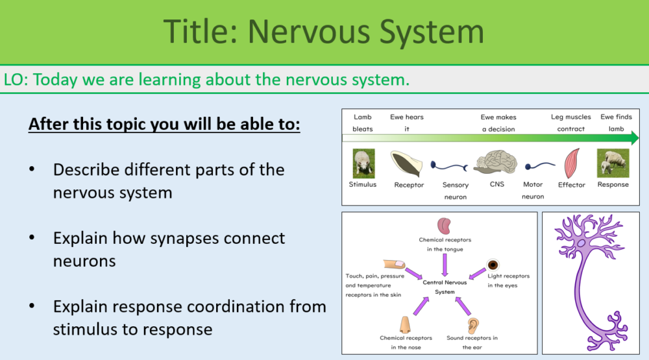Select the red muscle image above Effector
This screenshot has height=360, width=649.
click(572, 163)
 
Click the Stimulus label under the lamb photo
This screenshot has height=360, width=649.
click(362, 185)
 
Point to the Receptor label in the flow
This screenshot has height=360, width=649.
click(409, 185)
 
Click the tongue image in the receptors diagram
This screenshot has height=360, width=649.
click(445, 226)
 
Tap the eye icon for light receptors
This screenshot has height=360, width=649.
click(493, 264)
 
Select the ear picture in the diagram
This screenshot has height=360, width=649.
click(472, 324)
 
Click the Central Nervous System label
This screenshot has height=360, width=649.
click(445, 287)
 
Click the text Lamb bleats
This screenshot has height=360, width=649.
click(363, 123)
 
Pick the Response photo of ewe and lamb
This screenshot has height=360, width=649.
click(613, 163)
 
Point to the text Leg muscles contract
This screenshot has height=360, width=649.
click(571, 123)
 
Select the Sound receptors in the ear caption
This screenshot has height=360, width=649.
click(472, 342)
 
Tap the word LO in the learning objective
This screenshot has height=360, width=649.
click(16, 80)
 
